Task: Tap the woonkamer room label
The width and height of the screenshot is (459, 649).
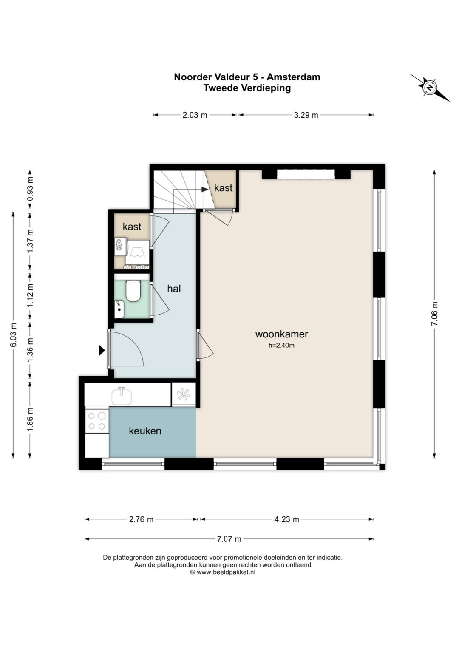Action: click(281, 334)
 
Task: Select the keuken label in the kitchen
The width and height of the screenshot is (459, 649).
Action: click(145, 431)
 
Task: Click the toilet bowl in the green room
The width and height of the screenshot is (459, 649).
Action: click(133, 291)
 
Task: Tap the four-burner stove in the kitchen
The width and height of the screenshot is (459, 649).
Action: click(97, 421)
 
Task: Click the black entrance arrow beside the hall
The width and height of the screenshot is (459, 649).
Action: click(102, 350)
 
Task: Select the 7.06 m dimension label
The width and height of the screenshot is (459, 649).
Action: click(434, 314)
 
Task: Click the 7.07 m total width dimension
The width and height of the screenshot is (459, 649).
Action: click(229, 539)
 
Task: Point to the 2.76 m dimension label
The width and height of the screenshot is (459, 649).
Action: click(141, 519)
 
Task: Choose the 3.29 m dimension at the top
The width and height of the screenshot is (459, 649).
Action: click(306, 115)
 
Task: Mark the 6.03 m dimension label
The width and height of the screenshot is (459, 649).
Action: click(13, 334)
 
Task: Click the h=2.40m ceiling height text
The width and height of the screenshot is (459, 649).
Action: click(281, 346)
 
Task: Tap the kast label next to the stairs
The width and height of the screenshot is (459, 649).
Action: click(224, 188)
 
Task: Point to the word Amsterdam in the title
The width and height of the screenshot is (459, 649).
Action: click(293, 77)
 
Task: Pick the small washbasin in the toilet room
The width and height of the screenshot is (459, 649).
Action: click(119, 309)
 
